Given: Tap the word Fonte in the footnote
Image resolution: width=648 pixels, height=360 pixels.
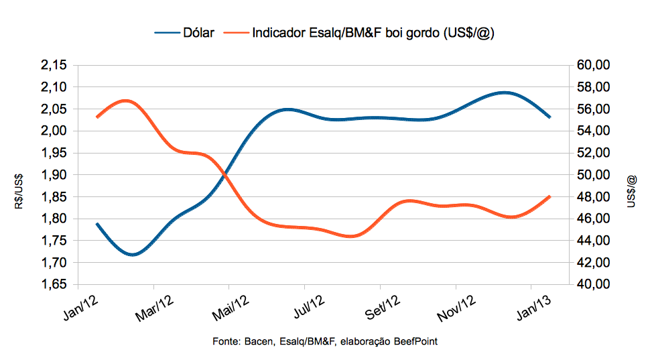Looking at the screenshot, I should pos(225,342).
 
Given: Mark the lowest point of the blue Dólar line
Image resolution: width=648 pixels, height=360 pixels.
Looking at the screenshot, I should pos(132,255).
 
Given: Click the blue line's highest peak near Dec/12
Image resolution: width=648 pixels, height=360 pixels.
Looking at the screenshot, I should pos(505,92).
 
